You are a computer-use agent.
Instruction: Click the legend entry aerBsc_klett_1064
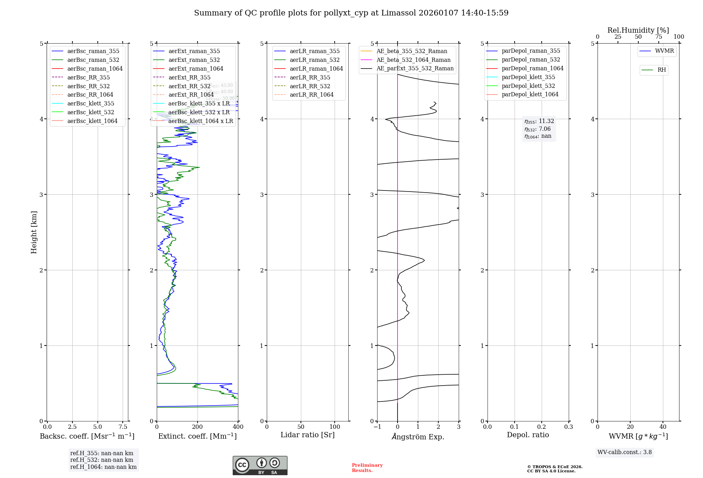coord(92,121)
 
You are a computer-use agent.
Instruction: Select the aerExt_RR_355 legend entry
coord(189,77)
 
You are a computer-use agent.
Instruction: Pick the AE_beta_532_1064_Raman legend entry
coord(413,60)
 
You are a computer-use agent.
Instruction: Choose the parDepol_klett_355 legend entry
coord(528,77)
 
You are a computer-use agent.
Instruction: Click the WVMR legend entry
coord(664,51)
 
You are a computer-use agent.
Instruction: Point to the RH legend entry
coord(662,70)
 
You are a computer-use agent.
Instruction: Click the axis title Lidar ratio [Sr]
coord(308,435)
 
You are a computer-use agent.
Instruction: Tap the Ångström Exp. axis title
coord(418,437)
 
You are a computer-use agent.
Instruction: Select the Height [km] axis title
coord(34,232)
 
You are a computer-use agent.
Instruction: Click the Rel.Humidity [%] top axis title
coord(638,30)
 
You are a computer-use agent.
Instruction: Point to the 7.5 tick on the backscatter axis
coord(123,427)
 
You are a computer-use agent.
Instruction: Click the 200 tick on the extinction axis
coord(198,427)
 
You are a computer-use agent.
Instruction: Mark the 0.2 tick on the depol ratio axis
coord(542,427)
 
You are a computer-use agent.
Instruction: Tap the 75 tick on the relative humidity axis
coord(658,37)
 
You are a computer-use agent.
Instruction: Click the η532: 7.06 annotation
coord(537,129)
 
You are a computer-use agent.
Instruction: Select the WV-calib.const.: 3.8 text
coord(624,452)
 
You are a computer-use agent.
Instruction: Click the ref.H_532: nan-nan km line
coord(102,460)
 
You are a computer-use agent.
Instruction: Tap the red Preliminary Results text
coord(367,467)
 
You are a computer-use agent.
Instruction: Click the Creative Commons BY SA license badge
coord(260,466)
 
